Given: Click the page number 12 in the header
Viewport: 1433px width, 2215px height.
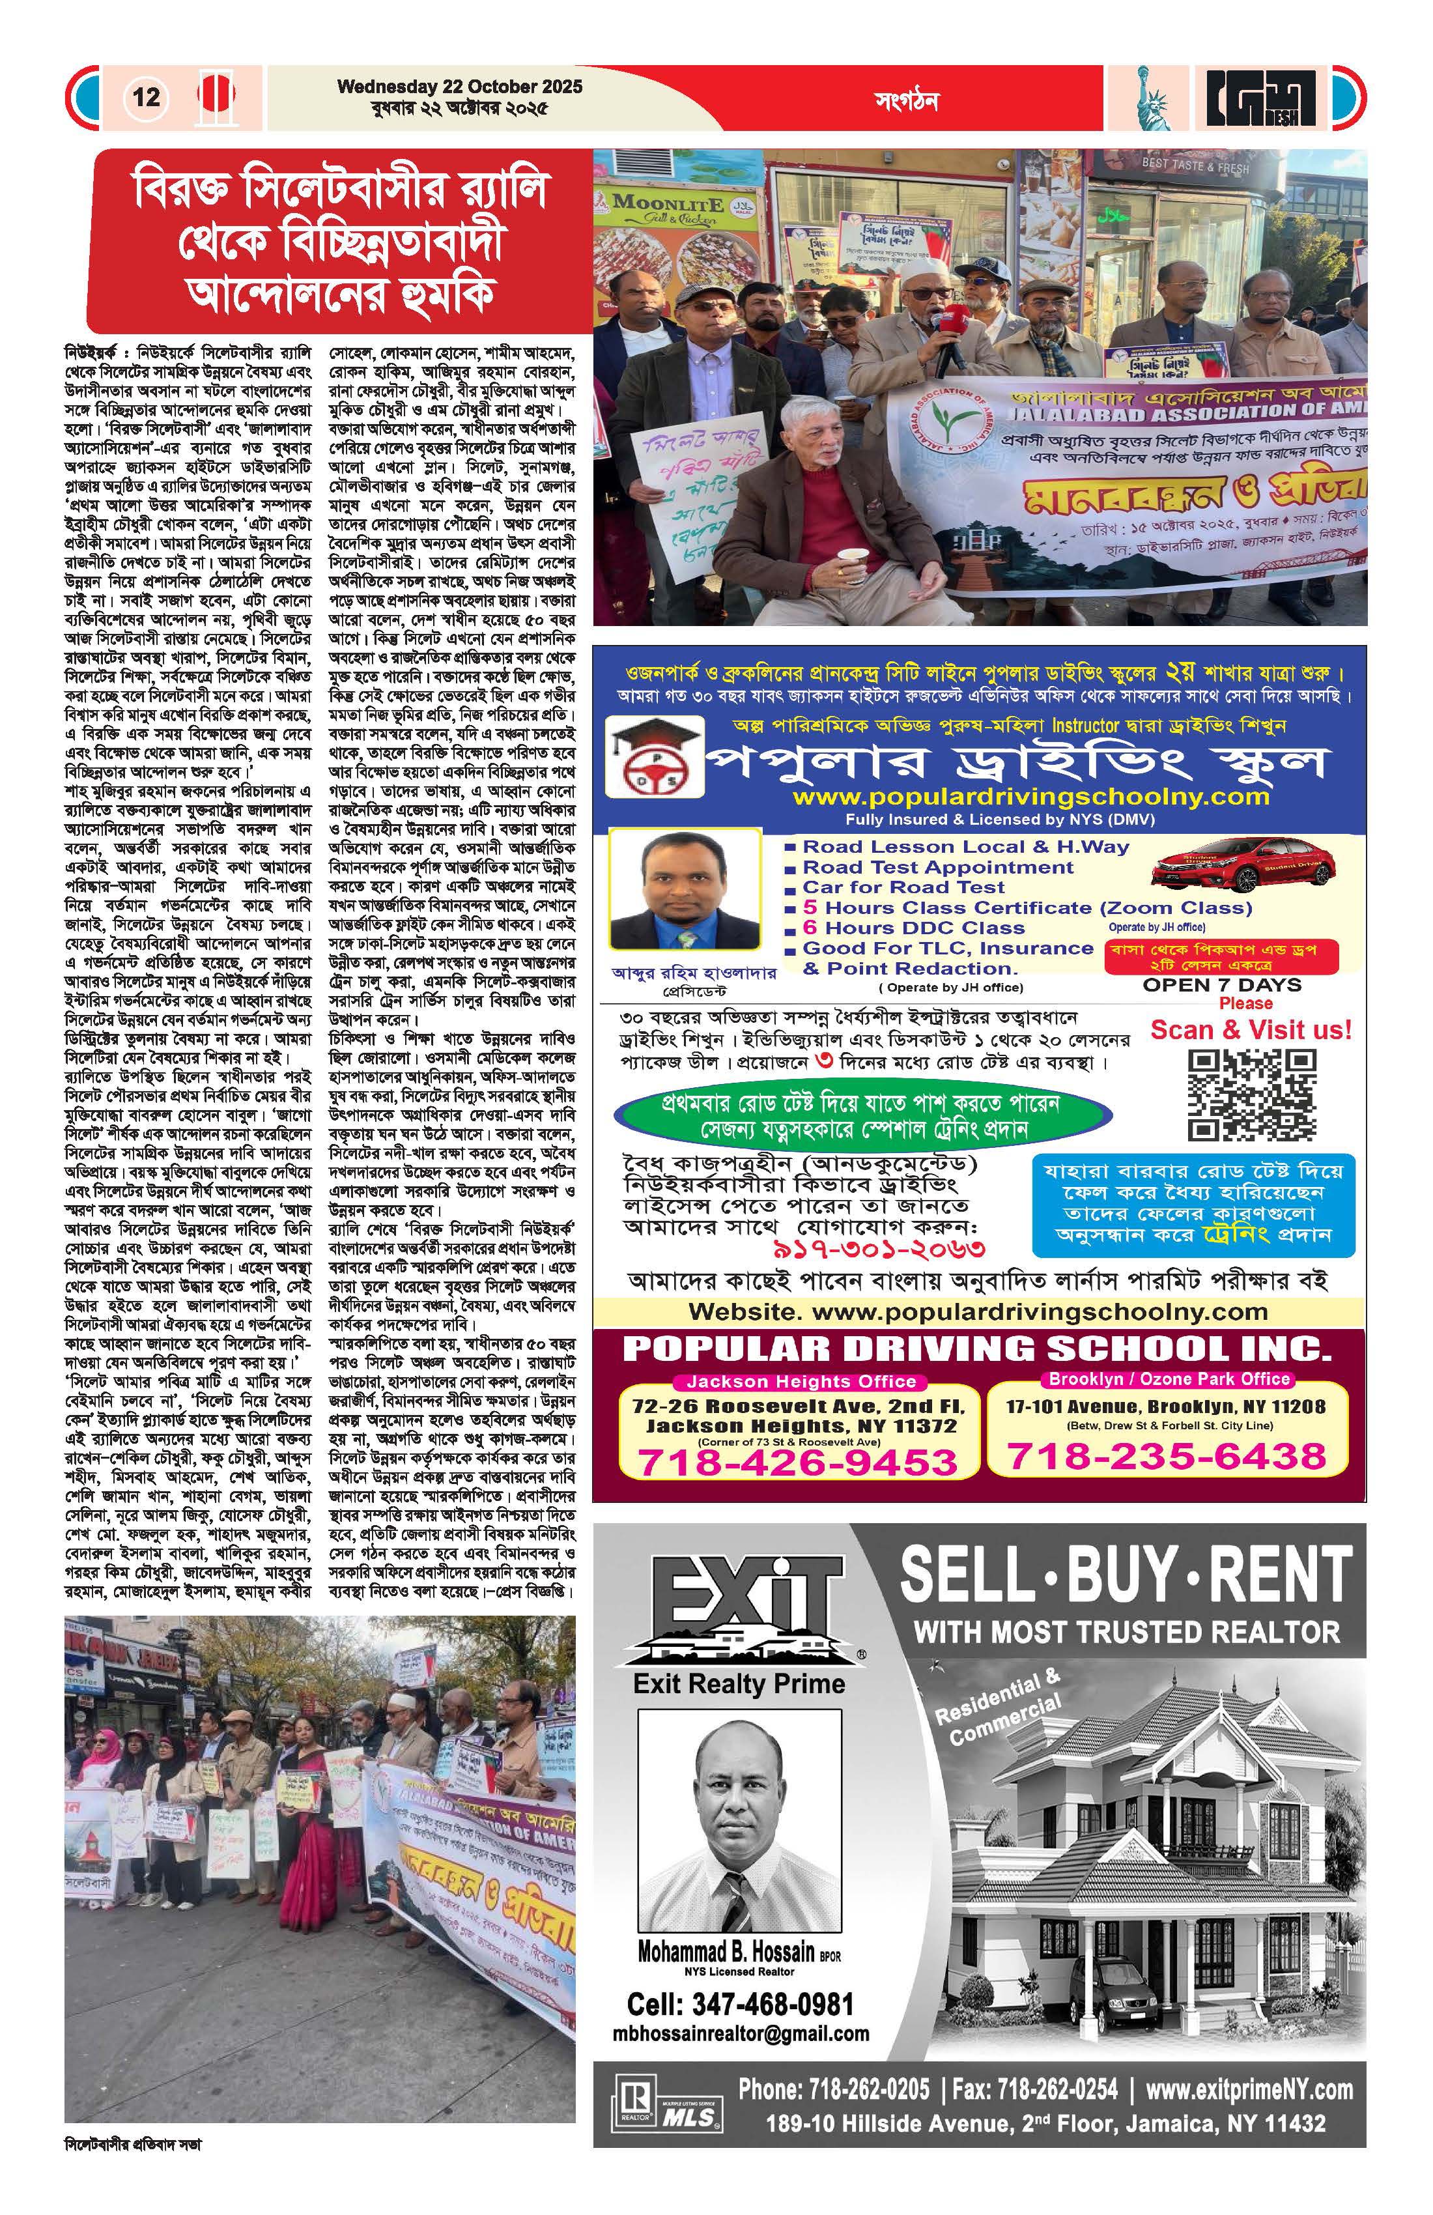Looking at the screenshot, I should (x=146, y=97).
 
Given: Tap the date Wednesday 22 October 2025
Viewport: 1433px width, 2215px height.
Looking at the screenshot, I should (x=460, y=87).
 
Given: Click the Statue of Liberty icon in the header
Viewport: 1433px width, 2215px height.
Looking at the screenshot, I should (x=1151, y=97).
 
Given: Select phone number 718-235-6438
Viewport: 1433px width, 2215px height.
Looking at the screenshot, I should (x=1167, y=1455).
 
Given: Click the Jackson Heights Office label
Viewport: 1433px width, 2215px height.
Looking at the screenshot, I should (x=801, y=1381).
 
